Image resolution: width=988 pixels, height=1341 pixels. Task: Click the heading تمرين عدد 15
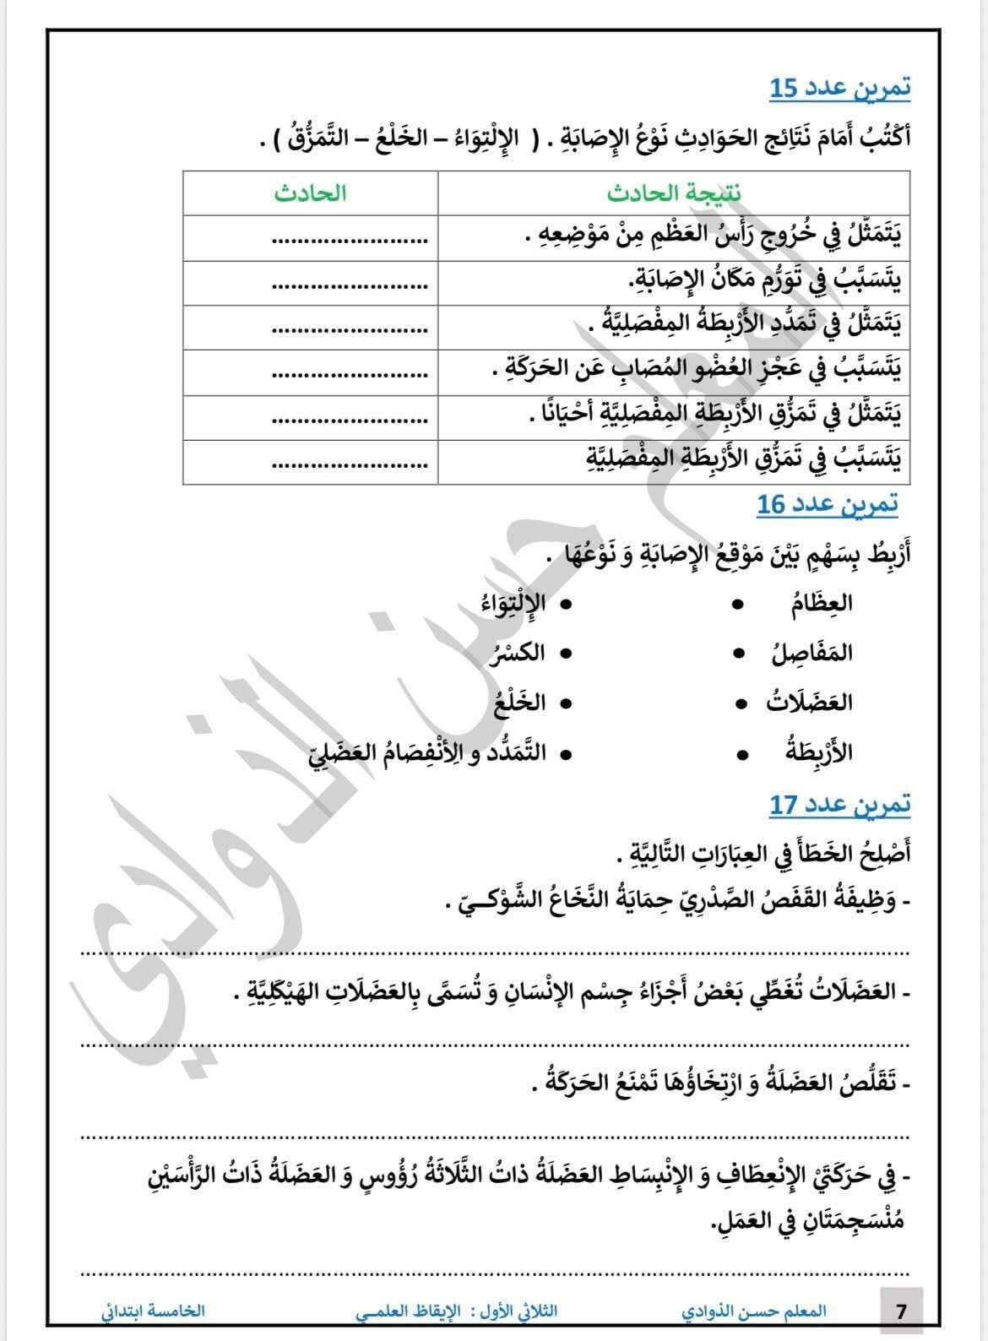840,87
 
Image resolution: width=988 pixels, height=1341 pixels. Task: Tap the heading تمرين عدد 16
827,504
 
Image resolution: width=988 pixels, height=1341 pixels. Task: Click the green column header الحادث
310,193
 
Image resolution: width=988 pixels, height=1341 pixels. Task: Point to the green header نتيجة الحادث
673,193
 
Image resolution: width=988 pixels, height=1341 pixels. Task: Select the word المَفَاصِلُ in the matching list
812,653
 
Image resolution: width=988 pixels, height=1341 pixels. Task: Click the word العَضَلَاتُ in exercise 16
809,703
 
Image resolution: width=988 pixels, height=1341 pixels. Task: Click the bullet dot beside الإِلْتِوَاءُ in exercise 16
566,604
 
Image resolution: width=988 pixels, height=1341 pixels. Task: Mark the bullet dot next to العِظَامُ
739,604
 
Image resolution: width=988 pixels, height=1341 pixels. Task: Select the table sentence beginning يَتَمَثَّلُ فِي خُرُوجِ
711,237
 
